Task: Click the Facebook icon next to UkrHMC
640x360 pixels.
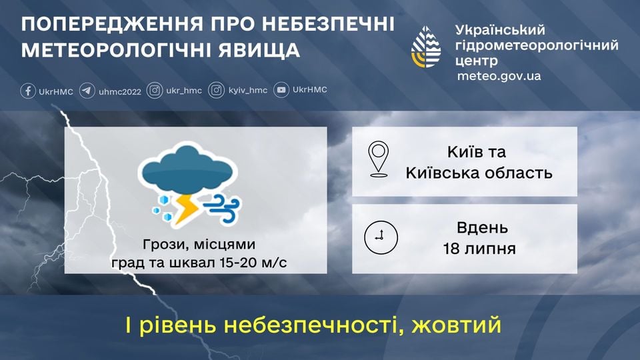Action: pos(27,91)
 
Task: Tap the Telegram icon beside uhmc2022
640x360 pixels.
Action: pos(87,91)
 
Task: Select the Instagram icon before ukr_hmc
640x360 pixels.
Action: pos(155,91)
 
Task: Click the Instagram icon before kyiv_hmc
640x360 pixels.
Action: pos(216,91)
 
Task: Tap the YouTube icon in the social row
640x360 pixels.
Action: pos(282,91)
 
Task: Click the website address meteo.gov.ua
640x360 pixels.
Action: pos(499,76)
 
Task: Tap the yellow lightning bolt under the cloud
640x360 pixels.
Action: pos(187,207)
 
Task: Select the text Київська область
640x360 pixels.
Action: pos(479,173)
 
